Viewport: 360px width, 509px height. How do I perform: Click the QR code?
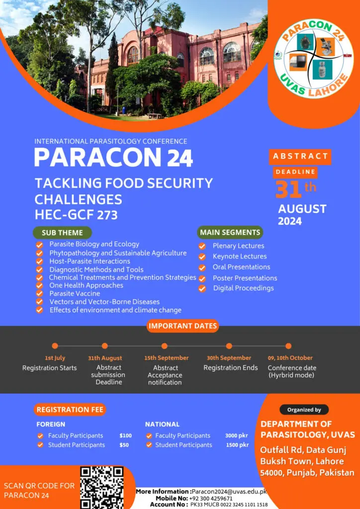click(x=102, y=488)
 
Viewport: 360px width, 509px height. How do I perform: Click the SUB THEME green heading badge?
click(x=62, y=233)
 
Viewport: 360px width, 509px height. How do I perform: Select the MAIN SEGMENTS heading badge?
click(x=230, y=233)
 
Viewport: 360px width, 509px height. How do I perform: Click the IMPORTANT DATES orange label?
click(x=182, y=326)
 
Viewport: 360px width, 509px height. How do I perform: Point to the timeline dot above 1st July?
click(x=55, y=346)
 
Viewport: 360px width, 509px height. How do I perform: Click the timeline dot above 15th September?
click(x=164, y=346)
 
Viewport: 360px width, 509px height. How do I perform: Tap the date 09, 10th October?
click(x=290, y=358)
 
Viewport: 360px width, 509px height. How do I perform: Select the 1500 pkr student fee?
click(x=237, y=445)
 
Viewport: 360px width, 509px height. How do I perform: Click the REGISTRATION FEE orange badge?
click(x=70, y=410)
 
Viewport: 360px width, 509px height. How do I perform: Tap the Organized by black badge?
click(x=304, y=410)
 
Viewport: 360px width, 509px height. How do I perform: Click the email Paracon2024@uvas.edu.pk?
click(x=229, y=492)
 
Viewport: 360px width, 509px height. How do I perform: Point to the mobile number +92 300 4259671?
click(x=211, y=498)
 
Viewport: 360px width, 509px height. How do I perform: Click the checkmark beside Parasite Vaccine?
click(x=39, y=293)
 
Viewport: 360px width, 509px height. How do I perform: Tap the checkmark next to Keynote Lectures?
click(x=202, y=257)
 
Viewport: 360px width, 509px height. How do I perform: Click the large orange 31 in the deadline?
click(x=288, y=189)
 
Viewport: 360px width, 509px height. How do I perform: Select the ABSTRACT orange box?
click(x=300, y=157)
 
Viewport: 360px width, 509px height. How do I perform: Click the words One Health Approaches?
click(x=87, y=285)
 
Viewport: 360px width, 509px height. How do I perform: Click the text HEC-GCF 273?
click(x=76, y=214)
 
